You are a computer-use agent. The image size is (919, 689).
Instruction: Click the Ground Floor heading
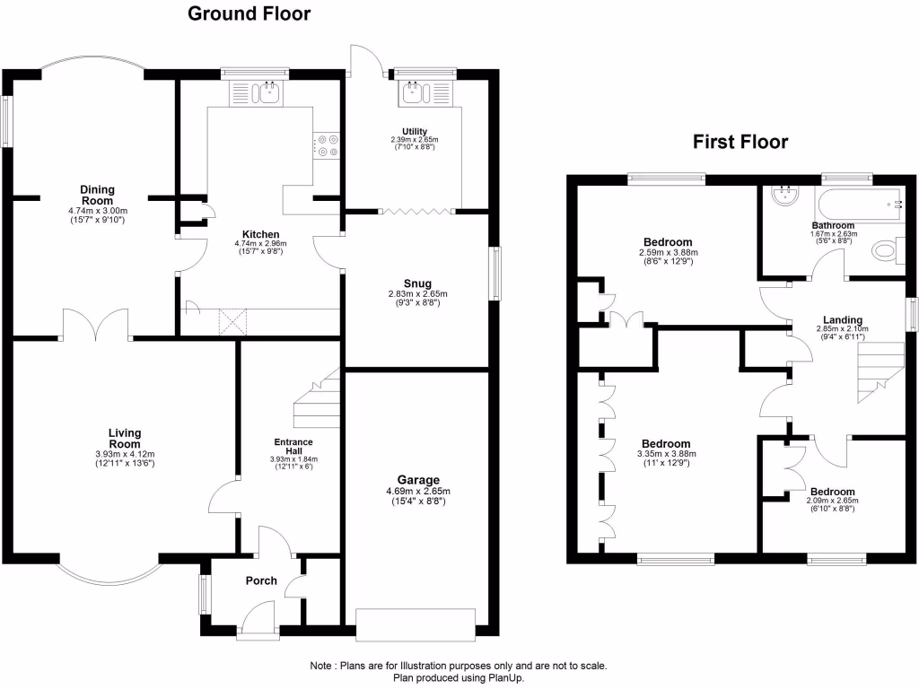[x=249, y=13]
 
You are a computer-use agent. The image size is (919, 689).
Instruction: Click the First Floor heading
[x=740, y=142]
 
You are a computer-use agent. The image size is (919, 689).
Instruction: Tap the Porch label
[x=260, y=580]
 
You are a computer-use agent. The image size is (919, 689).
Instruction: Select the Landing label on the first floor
[x=843, y=319]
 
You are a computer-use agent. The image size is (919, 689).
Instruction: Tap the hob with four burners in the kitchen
[x=326, y=145]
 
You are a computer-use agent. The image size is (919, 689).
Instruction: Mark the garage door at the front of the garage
[x=415, y=622]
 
